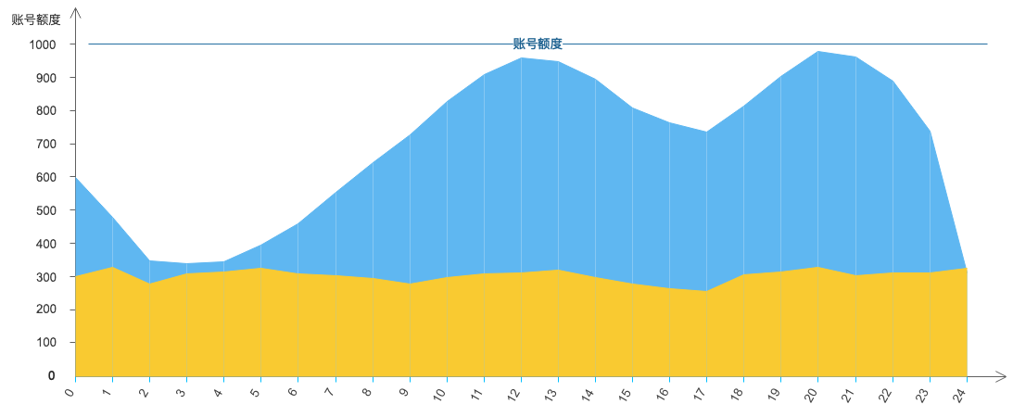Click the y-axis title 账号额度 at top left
click(35, 19)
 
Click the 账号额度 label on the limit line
click(538, 44)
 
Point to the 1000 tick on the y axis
click(43, 44)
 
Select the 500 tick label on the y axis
click(46, 210)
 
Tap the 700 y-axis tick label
click(46, 145)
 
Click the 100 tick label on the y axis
click(46, 343)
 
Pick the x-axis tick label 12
click(515, 396)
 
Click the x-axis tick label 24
click(961, 396)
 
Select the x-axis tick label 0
click(71, 393)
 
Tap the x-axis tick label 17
click(701, 396)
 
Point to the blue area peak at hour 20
click(818, 51)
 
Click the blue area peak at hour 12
click(522, 57)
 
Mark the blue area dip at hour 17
click(707, 131)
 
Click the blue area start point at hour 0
click(76, 178)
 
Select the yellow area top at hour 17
click(707, 291)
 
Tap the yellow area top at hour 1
click(113, 267)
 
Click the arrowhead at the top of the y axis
click(76, 12)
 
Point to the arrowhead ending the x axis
click(1002, 376)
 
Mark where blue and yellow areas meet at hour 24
click(967, 268)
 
